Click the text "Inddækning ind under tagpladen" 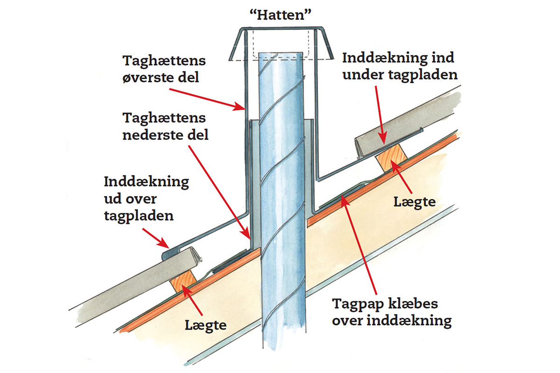(x=399, y=66)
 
